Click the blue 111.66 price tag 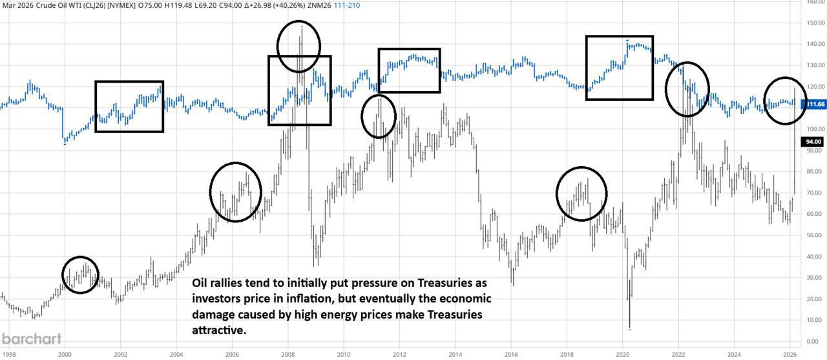point(816,104)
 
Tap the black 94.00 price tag point(812,142)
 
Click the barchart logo point(32,339)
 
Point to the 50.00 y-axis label point(815,235)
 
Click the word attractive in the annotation point(220,330)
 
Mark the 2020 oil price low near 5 point(629,329)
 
